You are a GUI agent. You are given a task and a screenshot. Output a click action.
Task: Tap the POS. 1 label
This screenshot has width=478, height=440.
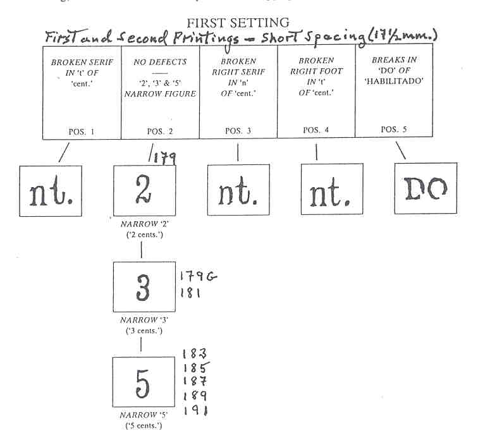click(82, 131)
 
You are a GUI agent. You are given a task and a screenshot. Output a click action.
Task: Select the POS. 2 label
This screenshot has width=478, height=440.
click(159, 131)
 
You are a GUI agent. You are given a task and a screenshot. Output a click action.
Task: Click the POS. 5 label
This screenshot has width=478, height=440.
click(395, 129)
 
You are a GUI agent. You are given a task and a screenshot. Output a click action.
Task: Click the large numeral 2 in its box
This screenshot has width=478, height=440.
click(145, 188)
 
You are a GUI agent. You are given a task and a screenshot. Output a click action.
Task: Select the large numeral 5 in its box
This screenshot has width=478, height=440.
click(144, 381)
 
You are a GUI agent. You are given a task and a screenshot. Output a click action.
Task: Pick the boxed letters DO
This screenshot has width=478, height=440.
click(424, 186)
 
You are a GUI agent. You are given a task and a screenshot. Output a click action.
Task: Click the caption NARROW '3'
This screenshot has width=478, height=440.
click(144, 320)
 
